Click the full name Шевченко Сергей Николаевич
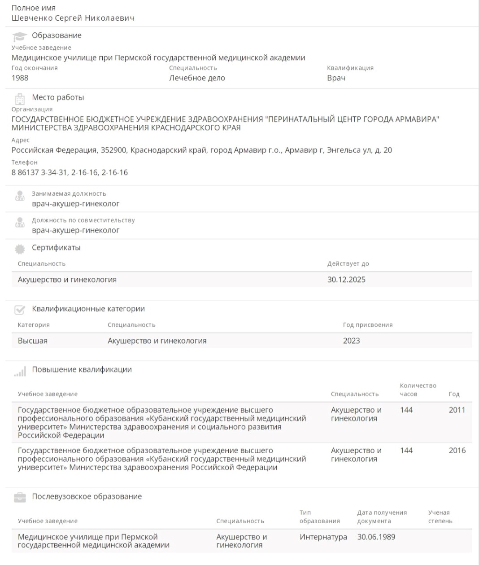pos(73,18)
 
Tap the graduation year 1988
pos(20,78)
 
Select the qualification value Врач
pos(336,78)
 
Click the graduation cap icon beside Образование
pos(19,36)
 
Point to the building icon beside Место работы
pos(20,98)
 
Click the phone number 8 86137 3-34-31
pos(39,172)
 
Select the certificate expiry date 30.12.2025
pos(346,280)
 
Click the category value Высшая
pos(33,341)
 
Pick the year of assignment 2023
pos(351,341)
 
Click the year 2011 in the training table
pos(457,410)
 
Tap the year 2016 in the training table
pos(457,451)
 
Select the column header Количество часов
pos(418,390)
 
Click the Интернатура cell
pos(323,537)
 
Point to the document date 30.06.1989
pos(376,537)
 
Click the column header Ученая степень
pos(440,517)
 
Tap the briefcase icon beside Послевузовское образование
pos(20,497)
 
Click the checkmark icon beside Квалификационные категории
pos(20,310)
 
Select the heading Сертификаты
pos(56,247)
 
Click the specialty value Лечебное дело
pos(197,78)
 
